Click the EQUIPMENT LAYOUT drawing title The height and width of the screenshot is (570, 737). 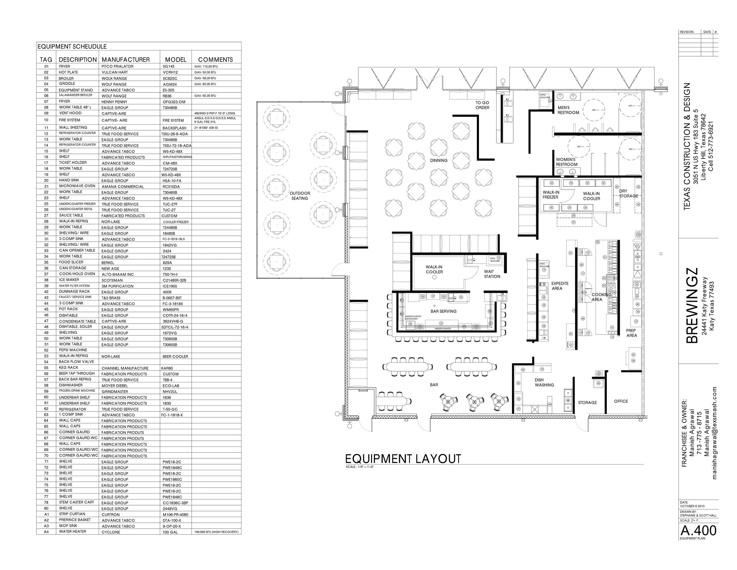click(403, 459)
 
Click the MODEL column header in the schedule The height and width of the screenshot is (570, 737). click(176, 60)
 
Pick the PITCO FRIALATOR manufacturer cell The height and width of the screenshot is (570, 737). click(117, 67)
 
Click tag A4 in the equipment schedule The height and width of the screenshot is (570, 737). click(46, 532)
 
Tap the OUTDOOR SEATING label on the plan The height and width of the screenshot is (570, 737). click(300, 196)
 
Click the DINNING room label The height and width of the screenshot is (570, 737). click(439, 161)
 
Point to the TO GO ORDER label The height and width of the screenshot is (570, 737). click(482, 105)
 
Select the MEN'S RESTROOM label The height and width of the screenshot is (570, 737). click(568, 110)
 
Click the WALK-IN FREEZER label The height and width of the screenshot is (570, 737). click(551, 195)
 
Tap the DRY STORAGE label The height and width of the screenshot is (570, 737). click(628, 194)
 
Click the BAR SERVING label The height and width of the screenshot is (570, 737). click(443, 311)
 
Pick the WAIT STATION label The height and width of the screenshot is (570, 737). click(492, 274)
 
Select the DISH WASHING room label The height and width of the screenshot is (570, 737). click(544, 382)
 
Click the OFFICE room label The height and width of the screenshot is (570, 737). click(621, 401)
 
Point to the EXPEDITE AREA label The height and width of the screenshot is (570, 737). click(560, 286)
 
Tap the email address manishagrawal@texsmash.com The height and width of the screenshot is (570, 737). click(715, 433)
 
